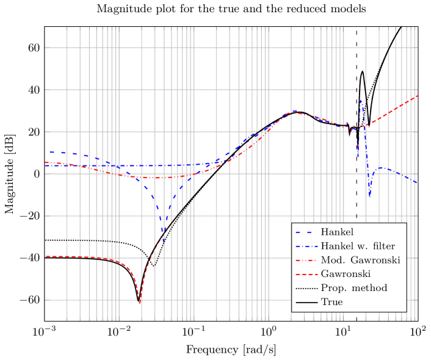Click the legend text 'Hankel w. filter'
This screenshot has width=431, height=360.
(x=358, y=247)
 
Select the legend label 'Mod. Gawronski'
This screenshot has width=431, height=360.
(x=360, y=261)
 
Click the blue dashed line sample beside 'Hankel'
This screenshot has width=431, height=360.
(x=306, y=232)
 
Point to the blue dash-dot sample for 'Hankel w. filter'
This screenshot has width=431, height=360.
(x=306, y=247)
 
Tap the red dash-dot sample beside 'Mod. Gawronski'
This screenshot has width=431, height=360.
(x=306, y=261)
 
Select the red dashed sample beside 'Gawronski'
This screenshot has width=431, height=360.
(x=306, y=275)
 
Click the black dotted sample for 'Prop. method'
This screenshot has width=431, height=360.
(x=306, y=288)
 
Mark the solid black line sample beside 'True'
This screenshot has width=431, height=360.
(x=306, y=302)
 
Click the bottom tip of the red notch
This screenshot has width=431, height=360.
(x=140, y=302)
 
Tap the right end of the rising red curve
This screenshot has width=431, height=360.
(x=417, y=96)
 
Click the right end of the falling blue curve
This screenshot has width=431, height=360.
(x=416, y=182)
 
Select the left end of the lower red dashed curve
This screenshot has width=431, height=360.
(x=46, y=256)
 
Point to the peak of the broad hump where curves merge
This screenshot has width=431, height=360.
(x=294, y=112)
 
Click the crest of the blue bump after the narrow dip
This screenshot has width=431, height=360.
(x=382, y=168)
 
